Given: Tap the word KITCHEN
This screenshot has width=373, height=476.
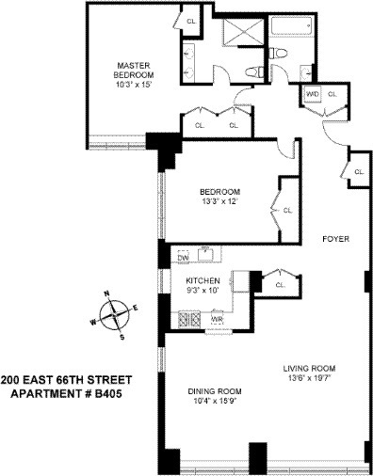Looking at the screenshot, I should coord(203,280).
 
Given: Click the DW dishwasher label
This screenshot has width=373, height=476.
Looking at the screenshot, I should coord(183,256).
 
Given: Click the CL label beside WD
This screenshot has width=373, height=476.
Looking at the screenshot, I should coord(332,94).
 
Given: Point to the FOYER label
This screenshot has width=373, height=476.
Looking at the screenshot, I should coord(334,239).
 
